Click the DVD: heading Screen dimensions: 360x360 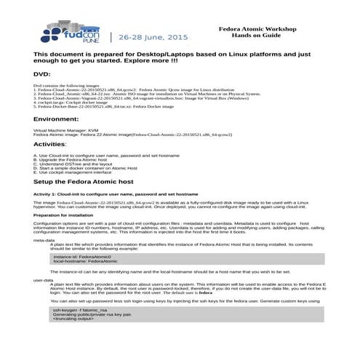pyautogui.click(x=43, y=74)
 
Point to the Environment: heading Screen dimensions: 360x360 pyautogui.click(x=61, y=118)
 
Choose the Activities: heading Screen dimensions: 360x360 pyautogui.click(x=55, y=145)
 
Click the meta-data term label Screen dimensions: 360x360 pyautogui.click(x=44, y=239)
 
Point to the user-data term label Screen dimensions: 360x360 pyautogui.click(x=44, y=279)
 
